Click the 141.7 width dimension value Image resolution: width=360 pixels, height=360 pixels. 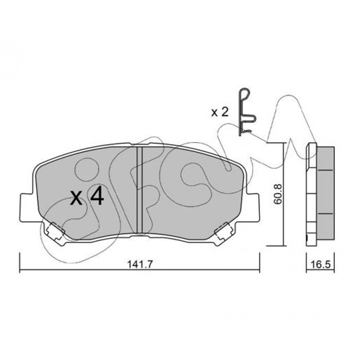(140, 264)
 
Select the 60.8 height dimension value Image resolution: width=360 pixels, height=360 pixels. (278, 194)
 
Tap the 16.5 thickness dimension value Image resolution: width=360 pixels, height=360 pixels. (320, 264)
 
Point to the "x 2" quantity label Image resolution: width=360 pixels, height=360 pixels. (220, 112)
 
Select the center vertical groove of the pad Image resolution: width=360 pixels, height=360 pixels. (140, 190)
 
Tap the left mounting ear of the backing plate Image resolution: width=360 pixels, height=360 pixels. (27, 208)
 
